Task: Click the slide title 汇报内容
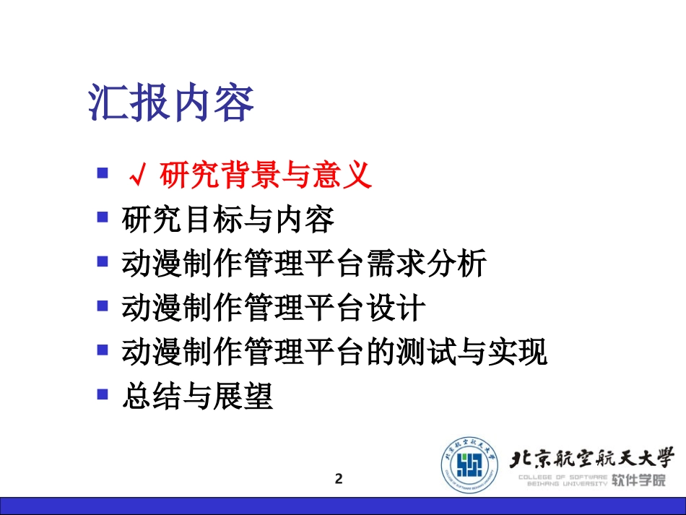pos(171,104)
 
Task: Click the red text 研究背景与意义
pos(265,176)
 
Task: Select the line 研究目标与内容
pos(228,220)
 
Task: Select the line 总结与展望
pos(198,397)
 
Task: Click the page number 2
pos(339,478)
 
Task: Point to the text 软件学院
pos(638,480)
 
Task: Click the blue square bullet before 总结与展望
pos(103,394)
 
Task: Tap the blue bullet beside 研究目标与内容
pos(103,217)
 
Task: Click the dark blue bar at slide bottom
pos(343,506)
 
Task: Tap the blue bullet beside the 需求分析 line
pos(103,261)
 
